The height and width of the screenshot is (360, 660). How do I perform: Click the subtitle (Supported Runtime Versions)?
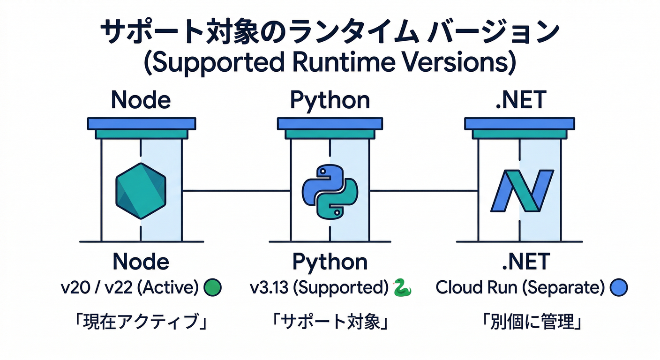[330, 63]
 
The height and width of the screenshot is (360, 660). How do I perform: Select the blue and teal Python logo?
[330, 192]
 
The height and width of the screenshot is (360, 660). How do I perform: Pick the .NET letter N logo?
[520, 191]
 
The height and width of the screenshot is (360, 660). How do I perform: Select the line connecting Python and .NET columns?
[424, 191]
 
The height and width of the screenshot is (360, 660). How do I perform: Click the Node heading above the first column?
[141, 100]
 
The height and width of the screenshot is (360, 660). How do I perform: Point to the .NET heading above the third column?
[520, 100]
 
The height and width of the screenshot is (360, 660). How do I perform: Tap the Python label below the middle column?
[330, 262]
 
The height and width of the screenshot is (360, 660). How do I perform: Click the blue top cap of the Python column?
[330, 124]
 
